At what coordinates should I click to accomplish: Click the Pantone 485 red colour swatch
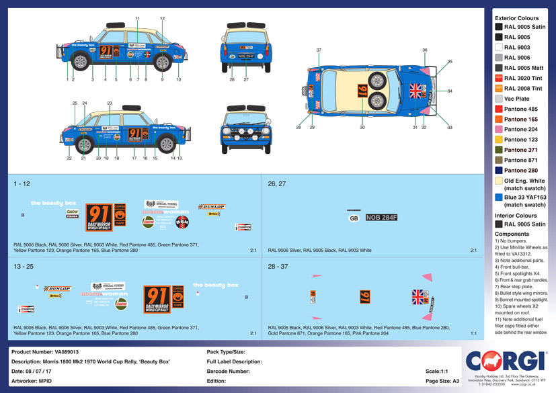point(498,109)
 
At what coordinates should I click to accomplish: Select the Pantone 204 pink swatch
point(498,129)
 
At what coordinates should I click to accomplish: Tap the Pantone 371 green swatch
point(498,150)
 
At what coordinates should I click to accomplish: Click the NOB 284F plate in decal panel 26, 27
point(381,217)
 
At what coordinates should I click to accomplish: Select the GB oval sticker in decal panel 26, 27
point(354,218)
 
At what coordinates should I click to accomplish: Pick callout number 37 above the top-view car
point(319,50)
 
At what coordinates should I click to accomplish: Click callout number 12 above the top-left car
point(162,18)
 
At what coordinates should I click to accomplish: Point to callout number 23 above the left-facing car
point(110,103)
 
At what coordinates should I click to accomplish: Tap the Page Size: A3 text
point(442,380)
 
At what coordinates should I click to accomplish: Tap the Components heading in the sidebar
point(512,234)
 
